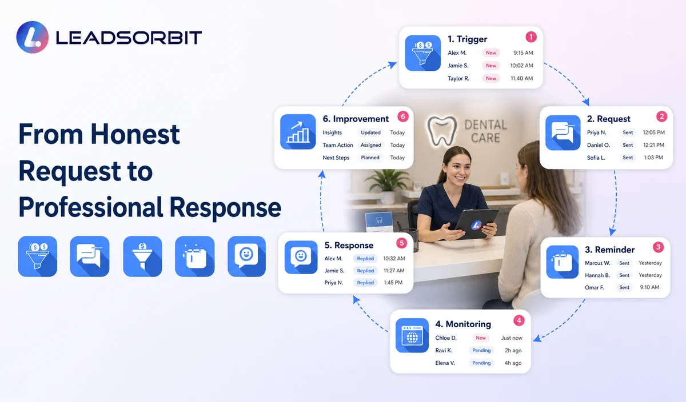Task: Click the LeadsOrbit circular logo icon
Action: [33, 37]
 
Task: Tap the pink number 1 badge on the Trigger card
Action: [531, 37]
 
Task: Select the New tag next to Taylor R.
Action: [491, 78]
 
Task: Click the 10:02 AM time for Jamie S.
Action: [521, 66]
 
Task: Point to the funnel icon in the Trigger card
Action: [422, 53]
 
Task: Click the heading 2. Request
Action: [608, 119]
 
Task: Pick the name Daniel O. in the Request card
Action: [599, 145]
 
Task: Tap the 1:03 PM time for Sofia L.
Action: [653, 158]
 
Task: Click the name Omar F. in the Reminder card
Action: [595, 287]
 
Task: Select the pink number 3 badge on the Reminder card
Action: [658, 247]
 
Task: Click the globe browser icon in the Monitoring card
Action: [412, 335]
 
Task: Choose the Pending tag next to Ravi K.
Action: [481, 350]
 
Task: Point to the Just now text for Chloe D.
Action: [512, 337]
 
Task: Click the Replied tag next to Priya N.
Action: [365, 283]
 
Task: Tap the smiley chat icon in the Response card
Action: [301, 258]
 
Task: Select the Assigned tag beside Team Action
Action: [370, 145]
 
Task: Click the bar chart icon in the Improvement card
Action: [298, 132]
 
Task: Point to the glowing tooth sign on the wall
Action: [442, 131]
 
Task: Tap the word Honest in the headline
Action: [135, 134]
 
